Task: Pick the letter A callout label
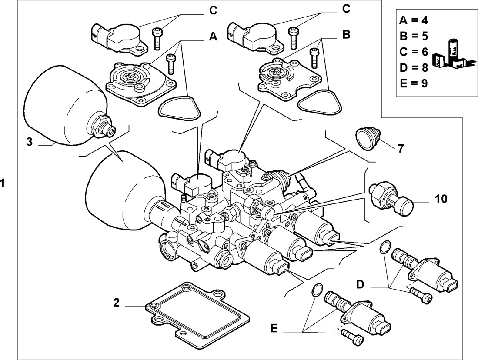pos(212,37)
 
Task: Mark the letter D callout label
pos(361,284)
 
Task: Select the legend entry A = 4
pos(413,21)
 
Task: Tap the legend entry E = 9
pos(413,83)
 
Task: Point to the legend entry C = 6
pos(413,52)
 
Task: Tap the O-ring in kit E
pos(317,289)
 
